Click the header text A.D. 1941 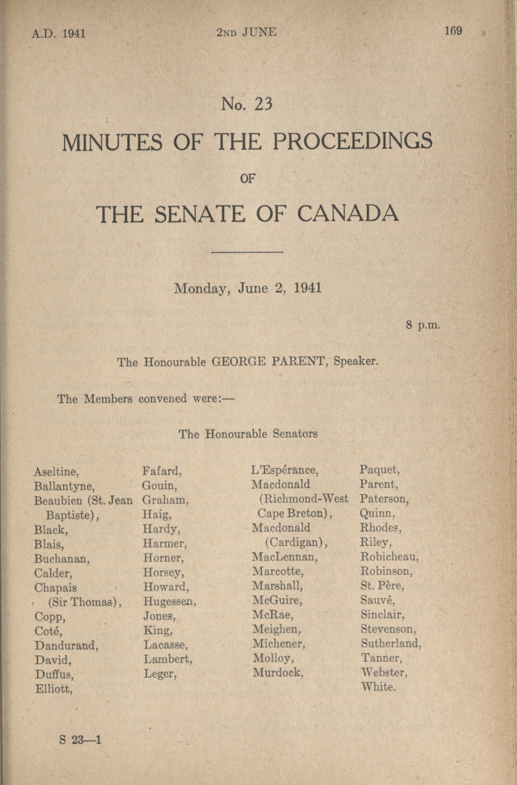point(59,33)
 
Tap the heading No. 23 point(247,104)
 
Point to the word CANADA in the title point(348,214)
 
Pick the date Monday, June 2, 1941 point(247,289)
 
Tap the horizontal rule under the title point(247,252)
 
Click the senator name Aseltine point(56,472)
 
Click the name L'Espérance point(284,470)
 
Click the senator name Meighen point(277,629)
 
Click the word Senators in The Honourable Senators point(295,434)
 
